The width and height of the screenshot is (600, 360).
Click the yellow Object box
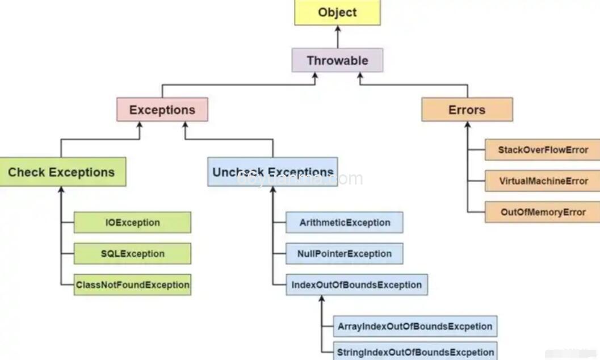click(337, 12)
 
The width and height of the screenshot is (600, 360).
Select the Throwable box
click(337, 60)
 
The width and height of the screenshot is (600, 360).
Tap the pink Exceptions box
click(162, 110)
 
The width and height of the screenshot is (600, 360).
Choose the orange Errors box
click(467, 110)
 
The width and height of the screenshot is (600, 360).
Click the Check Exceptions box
click(62, 172)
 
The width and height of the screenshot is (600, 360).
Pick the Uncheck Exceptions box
click(272, 172)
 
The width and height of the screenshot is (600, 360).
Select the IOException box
click(132, 223)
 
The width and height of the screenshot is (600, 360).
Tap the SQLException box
click(132, 254)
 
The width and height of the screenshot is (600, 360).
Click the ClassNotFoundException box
click(132, 284)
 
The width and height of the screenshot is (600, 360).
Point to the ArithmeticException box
click(345, 223)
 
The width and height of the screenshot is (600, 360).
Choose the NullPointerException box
click(345, 254)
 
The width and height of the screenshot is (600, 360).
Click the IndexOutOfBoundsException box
click(356, 284)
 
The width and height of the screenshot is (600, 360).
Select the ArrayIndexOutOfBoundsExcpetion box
click(415, 326)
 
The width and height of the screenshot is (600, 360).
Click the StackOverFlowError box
click(542, 150)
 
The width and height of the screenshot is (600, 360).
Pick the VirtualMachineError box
click(542, 181)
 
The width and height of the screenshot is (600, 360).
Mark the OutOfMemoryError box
click(542, 212)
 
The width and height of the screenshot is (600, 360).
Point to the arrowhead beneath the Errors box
click(467, 125)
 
